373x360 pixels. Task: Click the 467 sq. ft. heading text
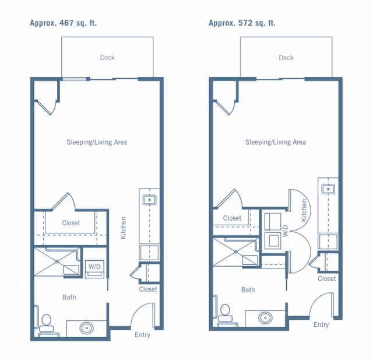(64, 23)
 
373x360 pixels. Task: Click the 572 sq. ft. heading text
(242, 23)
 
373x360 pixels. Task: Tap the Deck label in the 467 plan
(107, 58)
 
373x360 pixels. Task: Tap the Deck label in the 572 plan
(286, 58)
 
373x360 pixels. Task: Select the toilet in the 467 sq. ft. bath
(47, 325)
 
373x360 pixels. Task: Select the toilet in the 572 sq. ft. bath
(226, 315)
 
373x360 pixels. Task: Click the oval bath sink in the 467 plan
(87, 328)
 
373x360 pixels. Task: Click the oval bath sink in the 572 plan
(265, 318)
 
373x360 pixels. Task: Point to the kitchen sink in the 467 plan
(149, 200)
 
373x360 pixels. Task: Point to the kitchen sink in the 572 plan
(328, 189)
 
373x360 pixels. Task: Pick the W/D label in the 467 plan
(94, 267)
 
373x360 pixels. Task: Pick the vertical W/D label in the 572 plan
(285, 230)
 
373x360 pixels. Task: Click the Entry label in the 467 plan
(142, 335)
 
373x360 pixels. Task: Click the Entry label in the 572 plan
(321, 324)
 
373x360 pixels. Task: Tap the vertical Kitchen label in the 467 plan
(123, 228)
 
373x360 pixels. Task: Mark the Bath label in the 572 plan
(248, 290)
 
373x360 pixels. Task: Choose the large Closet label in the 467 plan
(71, 223)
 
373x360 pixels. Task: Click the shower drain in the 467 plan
(57, 261)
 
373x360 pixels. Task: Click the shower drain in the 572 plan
(235, 251)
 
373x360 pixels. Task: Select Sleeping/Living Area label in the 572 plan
(276, 142)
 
